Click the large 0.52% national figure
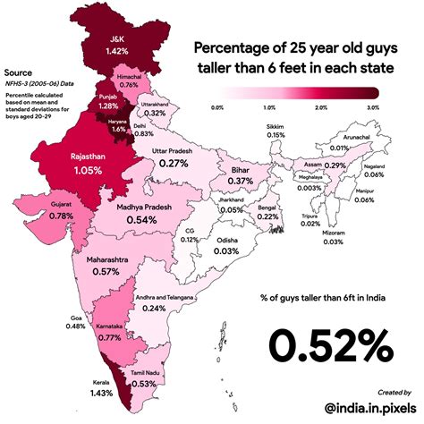pos(326,342)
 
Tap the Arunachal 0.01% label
pos(338,142)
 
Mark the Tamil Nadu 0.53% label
pos(145,378)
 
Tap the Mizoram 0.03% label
pos(334,236)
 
